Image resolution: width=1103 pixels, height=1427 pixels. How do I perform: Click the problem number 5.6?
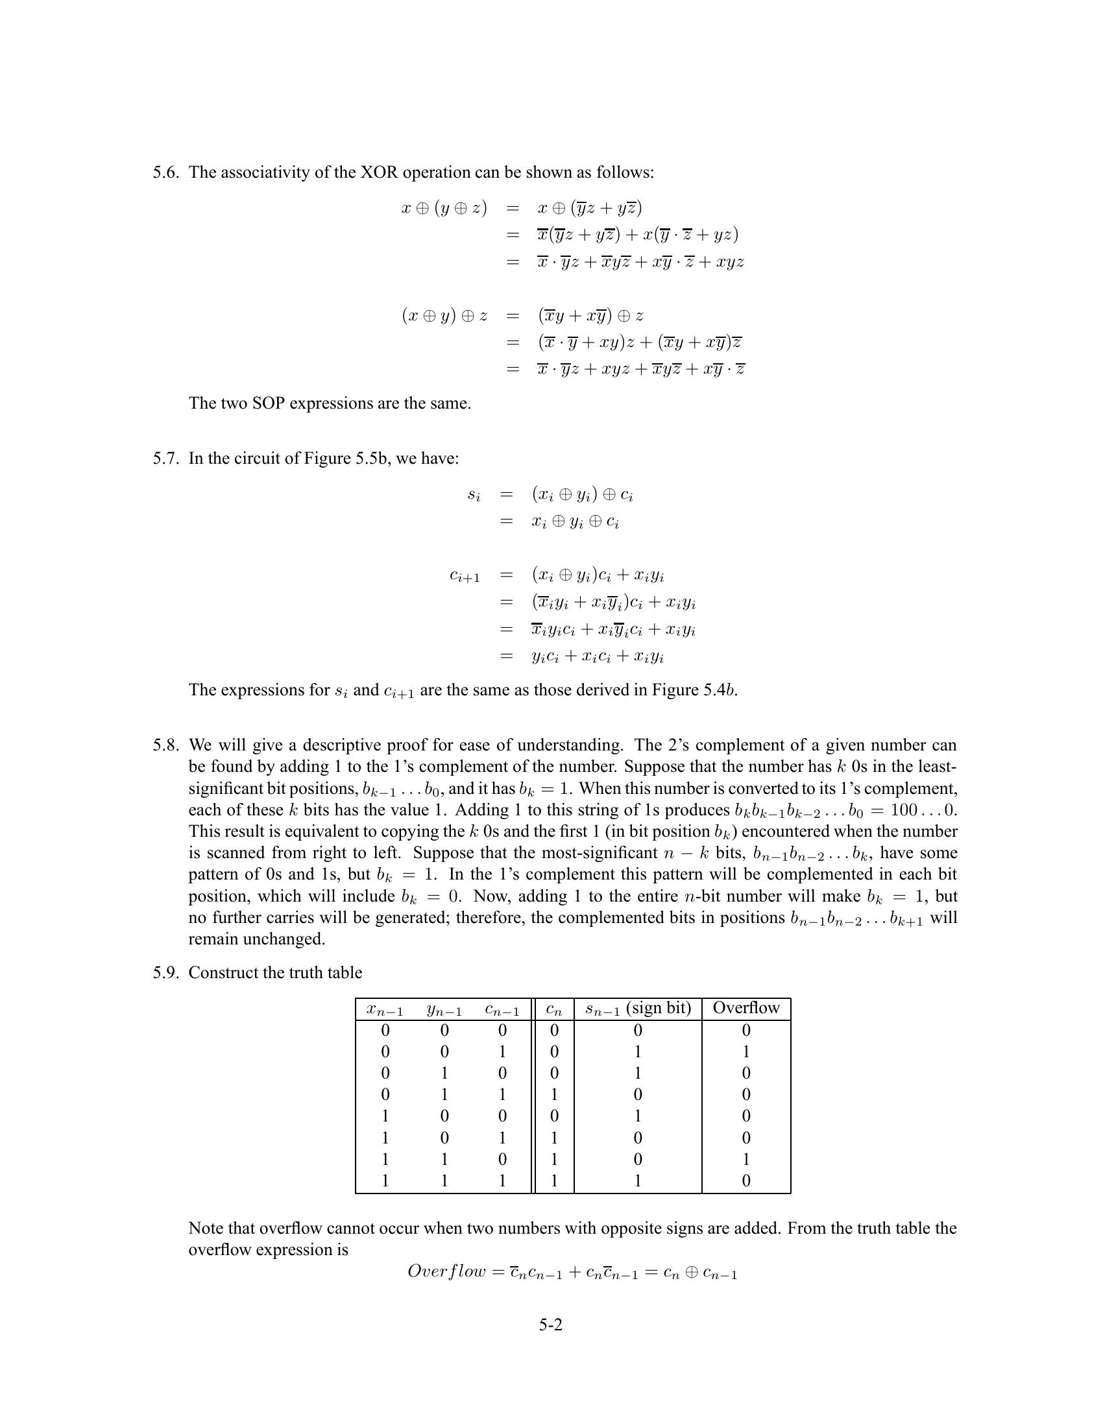click(166, 173)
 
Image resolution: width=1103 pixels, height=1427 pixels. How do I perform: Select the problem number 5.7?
click(166, 458)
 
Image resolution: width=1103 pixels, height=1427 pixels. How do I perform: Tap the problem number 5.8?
click(166, 745)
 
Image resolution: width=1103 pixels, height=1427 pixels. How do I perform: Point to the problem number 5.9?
click(166, 972)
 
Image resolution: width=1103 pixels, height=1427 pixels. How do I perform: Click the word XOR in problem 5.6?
click(380, 173)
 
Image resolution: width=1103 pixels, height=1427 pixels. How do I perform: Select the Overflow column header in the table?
click(745, 1007)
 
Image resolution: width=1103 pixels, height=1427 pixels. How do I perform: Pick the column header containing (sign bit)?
click(638, 1007)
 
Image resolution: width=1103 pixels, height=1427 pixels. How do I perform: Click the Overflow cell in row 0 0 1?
click(745, 1051)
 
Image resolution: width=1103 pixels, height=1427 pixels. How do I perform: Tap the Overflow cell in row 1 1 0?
click(745, 1159)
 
